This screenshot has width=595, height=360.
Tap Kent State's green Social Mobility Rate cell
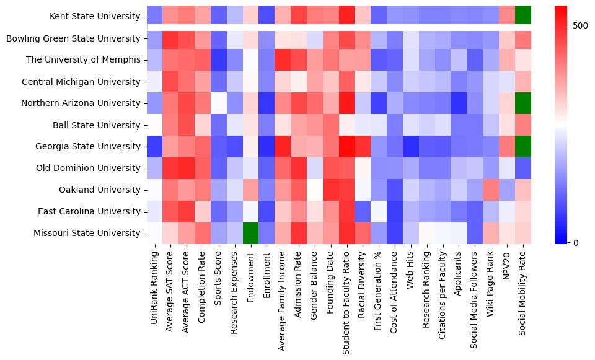(524, 14)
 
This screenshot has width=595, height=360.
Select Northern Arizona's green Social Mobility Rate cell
(524, 103)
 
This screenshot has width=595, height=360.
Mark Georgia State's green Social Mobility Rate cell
(524, 147)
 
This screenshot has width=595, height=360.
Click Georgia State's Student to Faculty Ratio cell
(348, 147)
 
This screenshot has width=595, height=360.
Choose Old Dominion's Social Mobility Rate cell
(524, 169)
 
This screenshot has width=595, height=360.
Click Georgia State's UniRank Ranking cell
(154, 147)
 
